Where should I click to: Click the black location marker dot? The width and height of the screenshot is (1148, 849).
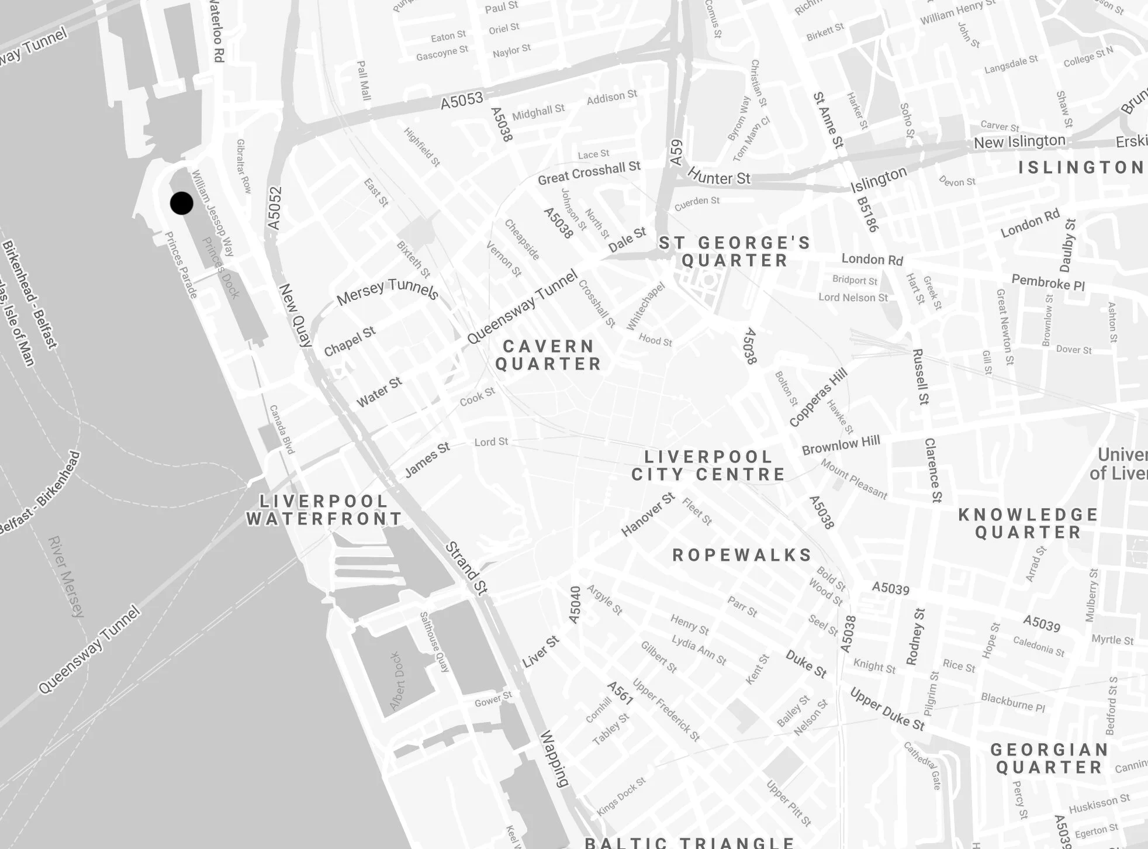point(181,203)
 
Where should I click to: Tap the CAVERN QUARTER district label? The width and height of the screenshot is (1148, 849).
point(548,355)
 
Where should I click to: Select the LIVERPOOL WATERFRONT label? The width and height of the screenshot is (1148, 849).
point(324,510)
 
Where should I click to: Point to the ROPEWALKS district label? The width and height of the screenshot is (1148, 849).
point(742,555)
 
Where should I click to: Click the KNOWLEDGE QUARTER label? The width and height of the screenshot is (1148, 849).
point(1028,523)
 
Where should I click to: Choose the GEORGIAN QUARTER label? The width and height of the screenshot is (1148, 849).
point(1049,758)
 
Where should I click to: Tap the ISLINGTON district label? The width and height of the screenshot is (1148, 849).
point(1081,167)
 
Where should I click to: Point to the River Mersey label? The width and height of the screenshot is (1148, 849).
point(66,577)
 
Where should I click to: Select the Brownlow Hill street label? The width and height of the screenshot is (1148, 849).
point(841,445)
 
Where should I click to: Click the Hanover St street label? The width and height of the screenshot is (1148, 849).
point(648,515)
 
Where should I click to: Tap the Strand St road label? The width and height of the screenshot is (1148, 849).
point(466,568)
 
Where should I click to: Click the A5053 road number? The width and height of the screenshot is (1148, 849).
point(462,101)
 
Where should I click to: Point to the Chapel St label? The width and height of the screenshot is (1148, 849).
point(350,341)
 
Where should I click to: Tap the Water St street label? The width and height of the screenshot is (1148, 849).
point(379,392)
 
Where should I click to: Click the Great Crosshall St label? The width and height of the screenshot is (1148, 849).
point(589,174)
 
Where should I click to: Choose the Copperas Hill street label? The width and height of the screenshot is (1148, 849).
point(818,397)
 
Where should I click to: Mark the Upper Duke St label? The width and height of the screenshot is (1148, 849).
point(887,709)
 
